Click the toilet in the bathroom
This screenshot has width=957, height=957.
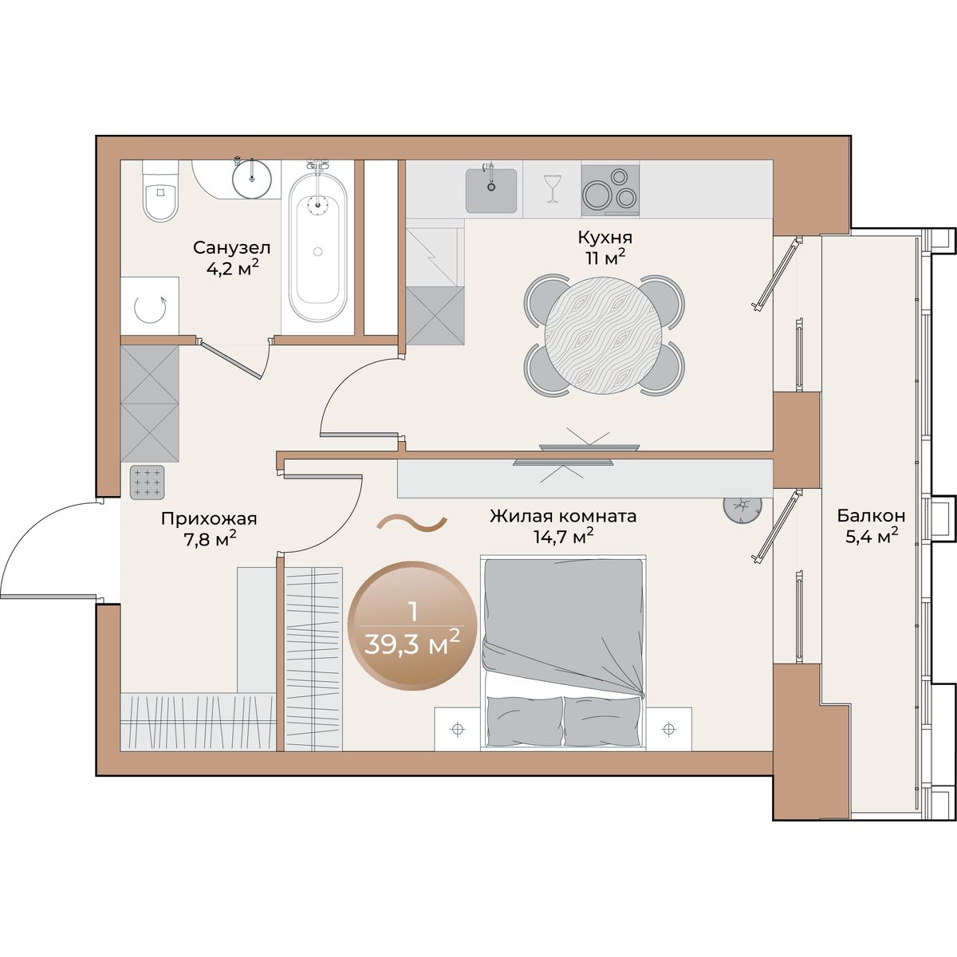pos(160,191)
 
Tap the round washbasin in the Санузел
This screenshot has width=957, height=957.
pos(252,179)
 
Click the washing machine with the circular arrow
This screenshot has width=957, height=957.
pos(149,305)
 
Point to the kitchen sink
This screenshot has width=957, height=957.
pos(491,191)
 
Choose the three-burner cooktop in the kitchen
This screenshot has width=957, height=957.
pos(610,191)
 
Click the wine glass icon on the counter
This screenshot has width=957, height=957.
pos(551,188)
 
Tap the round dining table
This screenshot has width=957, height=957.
pos(604,335)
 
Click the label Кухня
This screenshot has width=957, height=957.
pos(605,238)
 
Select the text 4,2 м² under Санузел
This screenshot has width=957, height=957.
pos(232,268)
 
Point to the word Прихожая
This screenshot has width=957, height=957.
pos(209,519)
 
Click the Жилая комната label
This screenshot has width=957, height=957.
pos(563,516)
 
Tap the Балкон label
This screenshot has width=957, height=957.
pos(871,515)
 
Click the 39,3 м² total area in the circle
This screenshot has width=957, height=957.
pos(412,645)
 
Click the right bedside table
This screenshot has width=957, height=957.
pos(668,729)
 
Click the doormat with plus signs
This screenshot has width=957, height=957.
pos(147,482)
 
